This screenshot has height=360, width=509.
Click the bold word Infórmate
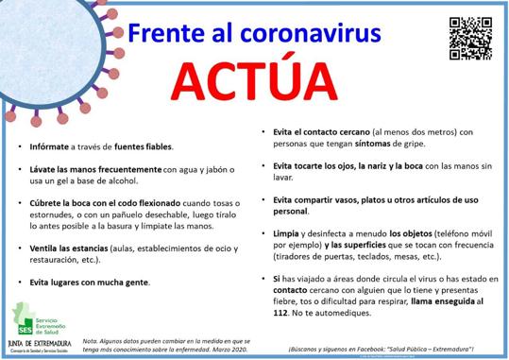tap(49, 147)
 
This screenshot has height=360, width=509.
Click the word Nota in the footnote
tap(92, 338)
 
